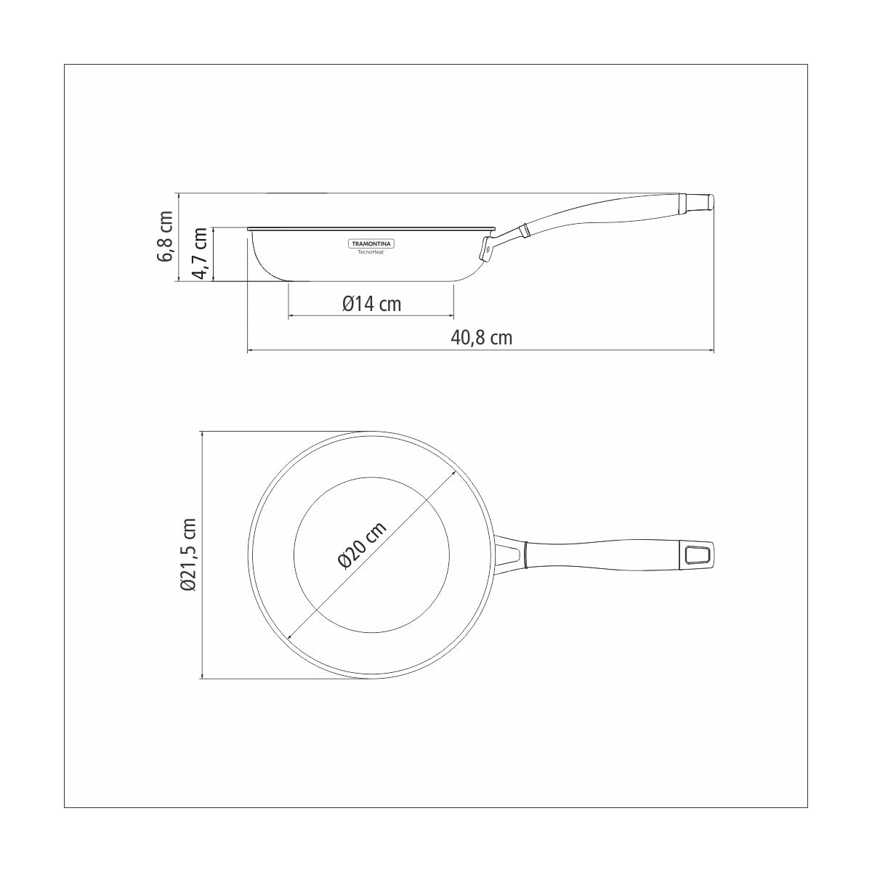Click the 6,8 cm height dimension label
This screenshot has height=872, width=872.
166,236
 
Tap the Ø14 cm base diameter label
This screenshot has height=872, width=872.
371,304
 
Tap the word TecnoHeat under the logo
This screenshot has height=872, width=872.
371,253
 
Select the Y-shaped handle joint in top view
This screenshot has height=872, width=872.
511,555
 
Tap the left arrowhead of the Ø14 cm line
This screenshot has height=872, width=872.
291,316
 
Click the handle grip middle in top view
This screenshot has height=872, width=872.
603,555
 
